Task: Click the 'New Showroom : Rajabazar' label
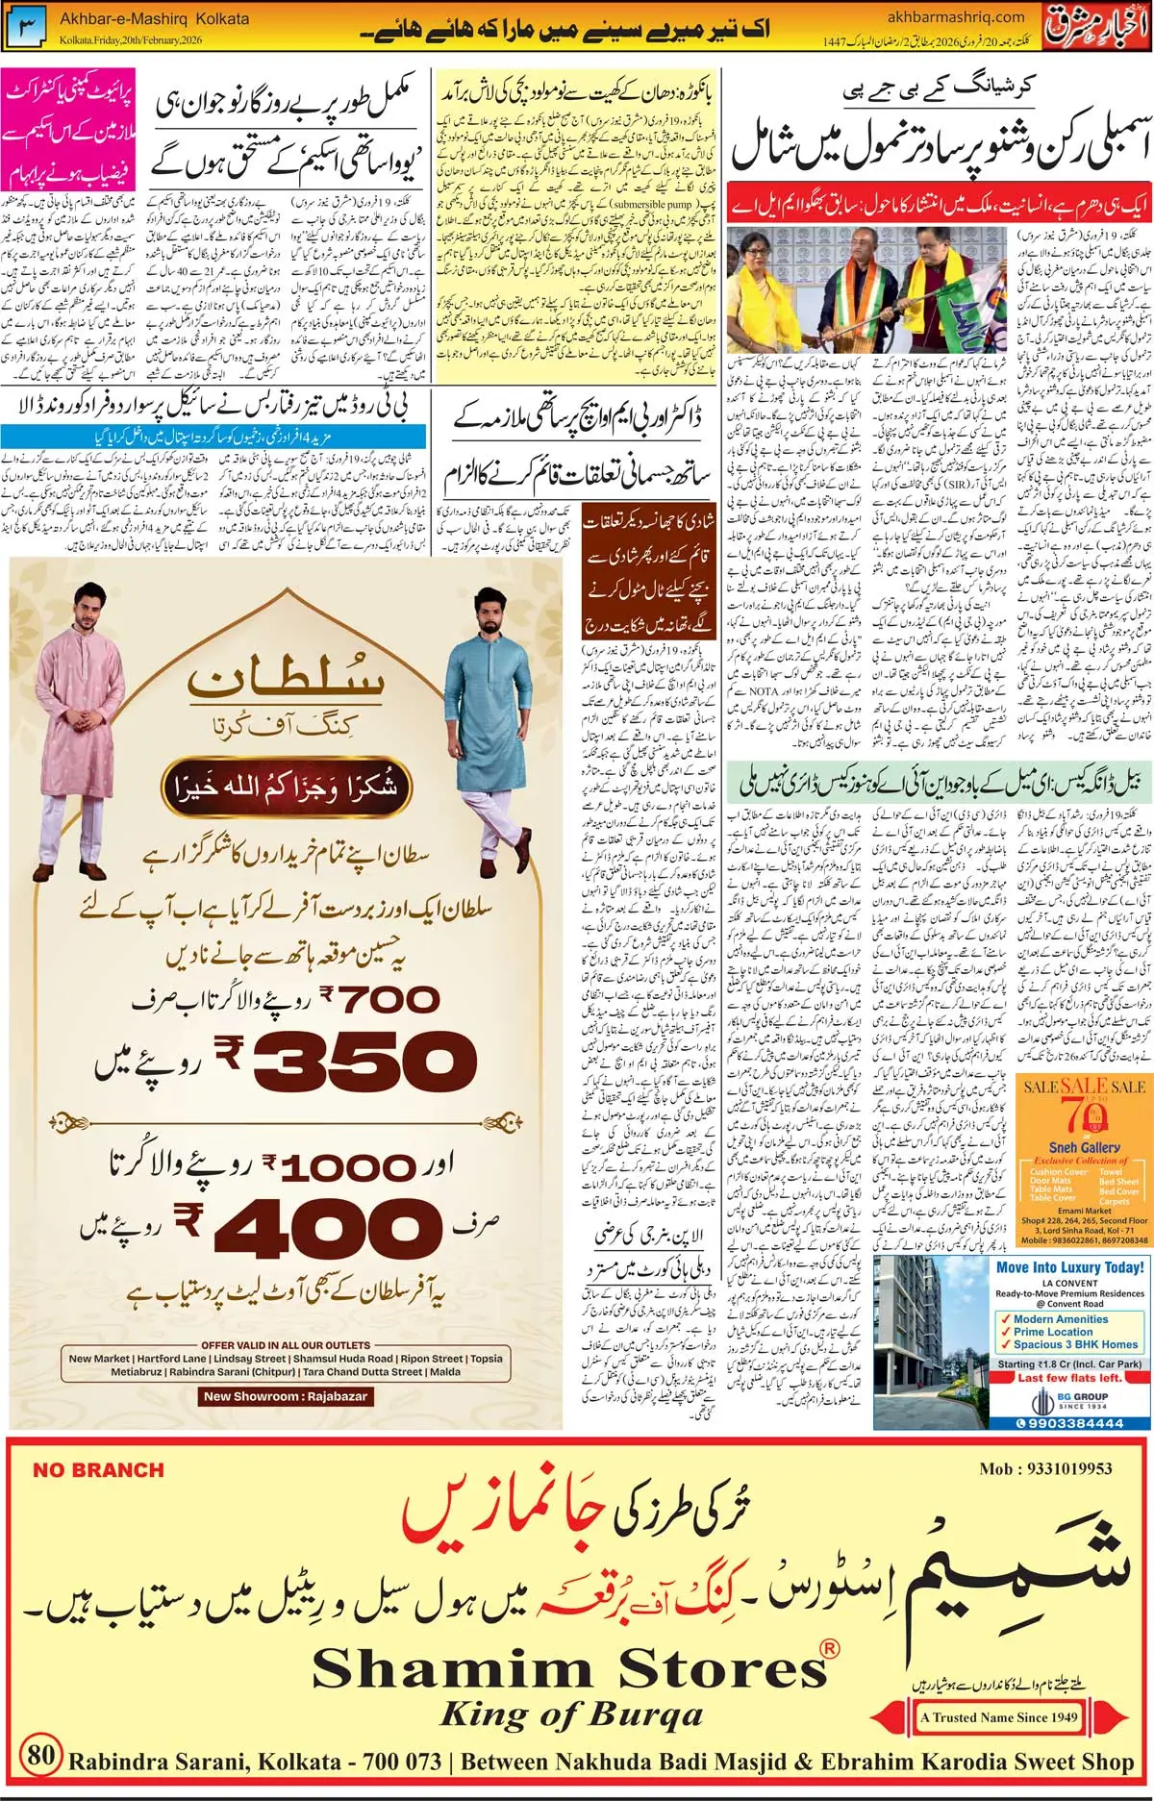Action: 285,1396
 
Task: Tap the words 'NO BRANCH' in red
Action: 98,1470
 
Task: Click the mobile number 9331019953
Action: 1045,1468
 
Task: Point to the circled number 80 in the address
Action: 40,1754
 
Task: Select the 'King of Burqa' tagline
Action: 571,1713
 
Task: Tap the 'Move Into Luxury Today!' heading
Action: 1069,1267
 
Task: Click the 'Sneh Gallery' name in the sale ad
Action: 1084,1147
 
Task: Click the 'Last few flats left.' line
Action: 1069,1377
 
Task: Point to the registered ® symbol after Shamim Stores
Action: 828,1649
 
